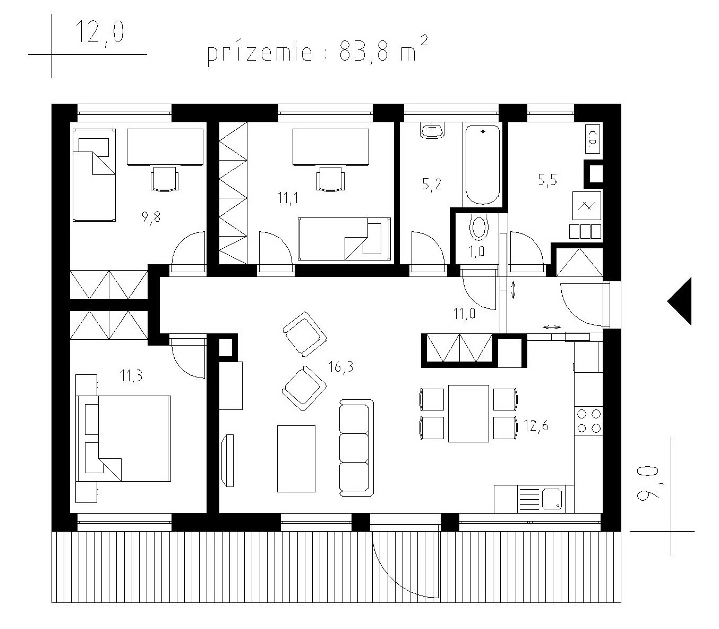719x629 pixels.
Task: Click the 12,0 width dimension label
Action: (99, 32)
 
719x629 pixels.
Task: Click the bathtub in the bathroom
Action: (483, 165)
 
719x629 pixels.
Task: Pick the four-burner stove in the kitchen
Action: (588, 421)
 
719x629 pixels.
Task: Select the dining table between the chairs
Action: (468, 413)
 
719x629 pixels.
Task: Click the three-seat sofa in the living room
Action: (356, 448)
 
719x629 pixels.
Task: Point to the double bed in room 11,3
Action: (124, 438)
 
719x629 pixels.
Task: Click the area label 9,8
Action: (151, 217)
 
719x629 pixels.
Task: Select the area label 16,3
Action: (340, 367)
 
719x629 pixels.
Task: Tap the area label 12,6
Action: (536, 426)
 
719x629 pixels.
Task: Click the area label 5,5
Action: (547, 180)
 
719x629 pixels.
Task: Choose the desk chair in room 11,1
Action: (330, 179)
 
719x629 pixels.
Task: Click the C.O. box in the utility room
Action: (593, 139)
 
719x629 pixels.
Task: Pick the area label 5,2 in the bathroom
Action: (432, 184)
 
